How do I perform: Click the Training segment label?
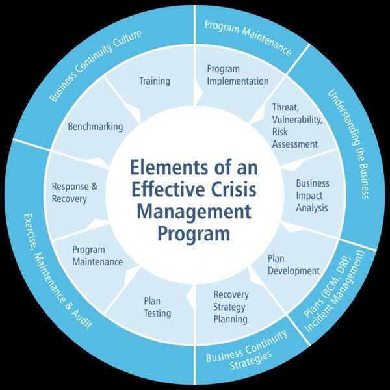tap(155, 81)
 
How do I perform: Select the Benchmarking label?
tap(96, 127)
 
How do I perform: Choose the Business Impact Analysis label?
tap(312, 195)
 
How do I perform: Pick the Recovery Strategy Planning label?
tap(231, 307)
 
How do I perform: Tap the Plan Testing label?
tap(157, 307)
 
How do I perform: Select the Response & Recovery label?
tap(74, 192)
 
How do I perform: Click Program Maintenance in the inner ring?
tap(97, 255)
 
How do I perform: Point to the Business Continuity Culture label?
tap(96, 65)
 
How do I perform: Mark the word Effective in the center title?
tap(166, 189)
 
